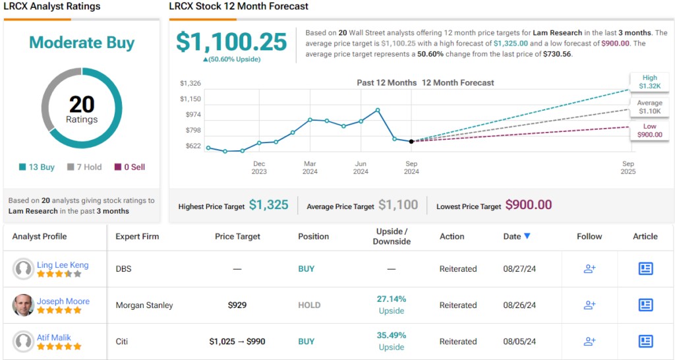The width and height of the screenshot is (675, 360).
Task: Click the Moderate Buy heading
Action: pyautogui.click(x=82, y=43)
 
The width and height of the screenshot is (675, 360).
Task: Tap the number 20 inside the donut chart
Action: pyautogui.click(x=82, y=104)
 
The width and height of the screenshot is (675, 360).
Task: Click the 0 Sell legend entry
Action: pyautogui.click(x=130, y=167)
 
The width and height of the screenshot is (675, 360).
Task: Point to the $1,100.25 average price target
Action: pyautogui.click(x=231, y=42)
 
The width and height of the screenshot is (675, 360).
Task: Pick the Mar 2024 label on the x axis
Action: pyautogui.click(x=310, y=167)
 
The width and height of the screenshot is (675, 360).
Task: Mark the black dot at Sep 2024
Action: pyautogui.click(x=411, y=141)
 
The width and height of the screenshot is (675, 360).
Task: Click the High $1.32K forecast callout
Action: pyautogui.click(x=650, y=82)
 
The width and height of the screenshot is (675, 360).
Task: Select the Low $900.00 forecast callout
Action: pyautogui.click(x=650, y=130)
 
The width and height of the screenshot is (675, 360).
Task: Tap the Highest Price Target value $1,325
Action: pyautogui.click(x=268, y=205)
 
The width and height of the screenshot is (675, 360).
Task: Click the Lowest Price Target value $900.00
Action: pyautogui.click(x=529, y=205)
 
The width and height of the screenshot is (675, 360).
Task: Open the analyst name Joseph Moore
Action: pyautogui.click(x=63, y=301)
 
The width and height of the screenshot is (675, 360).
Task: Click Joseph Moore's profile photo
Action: pyautogui.click(x=23, y=305)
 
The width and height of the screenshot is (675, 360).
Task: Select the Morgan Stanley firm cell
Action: pyautogui.click(x=144, y=305)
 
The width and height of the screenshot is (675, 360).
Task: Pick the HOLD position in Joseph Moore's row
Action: pyautogui.click(x=309, y=305)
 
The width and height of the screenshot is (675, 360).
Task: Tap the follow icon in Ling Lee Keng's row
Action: pyautogui.click(x=589, y=268)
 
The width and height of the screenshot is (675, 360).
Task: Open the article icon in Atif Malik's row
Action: pyautogui.click(x=645, y=341)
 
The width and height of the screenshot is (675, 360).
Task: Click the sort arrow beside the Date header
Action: pyautogui.click(x=527, y=236)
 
